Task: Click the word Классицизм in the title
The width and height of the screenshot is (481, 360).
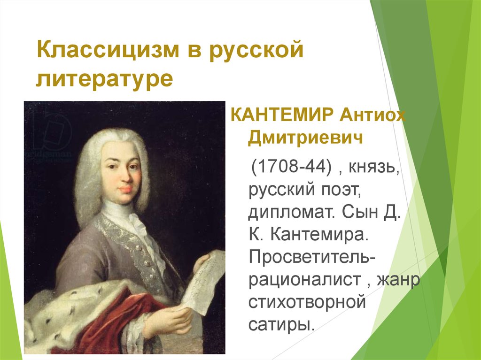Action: point(108,50)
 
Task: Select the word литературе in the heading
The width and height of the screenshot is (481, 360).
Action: point(105,78)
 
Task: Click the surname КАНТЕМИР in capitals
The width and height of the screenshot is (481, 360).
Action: point(282,115)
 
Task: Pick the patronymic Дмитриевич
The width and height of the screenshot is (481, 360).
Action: point(305,138)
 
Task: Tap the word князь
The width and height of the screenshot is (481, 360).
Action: point(374,168)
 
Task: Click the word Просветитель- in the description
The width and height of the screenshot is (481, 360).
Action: point(312,256)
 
